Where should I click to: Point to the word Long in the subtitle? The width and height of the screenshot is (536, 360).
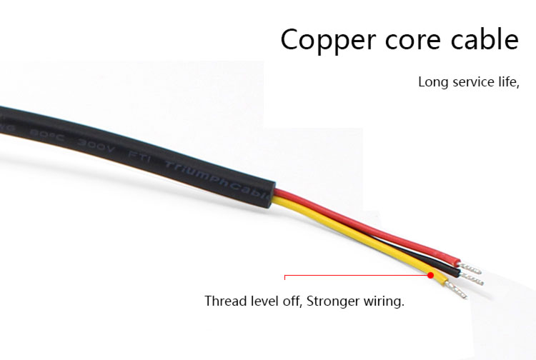point(432,81)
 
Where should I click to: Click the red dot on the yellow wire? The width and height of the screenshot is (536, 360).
point(431,275)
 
